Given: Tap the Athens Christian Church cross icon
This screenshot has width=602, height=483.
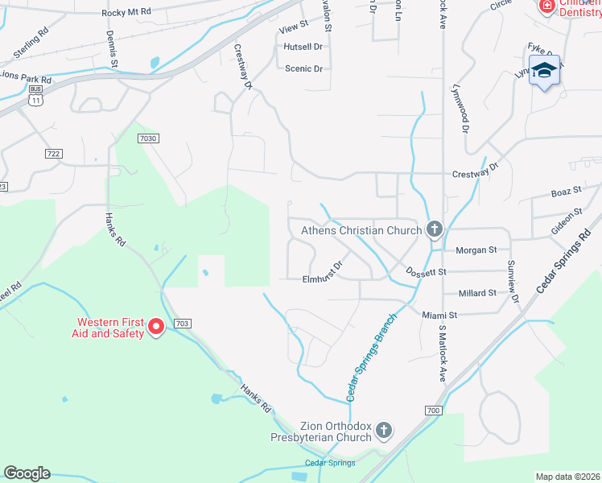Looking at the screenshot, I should pyautogui.click(x=434, y=230).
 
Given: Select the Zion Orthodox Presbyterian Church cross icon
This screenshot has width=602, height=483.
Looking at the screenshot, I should pyautogui.click(x=384, y=431).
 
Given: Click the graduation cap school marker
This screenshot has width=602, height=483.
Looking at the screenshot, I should pyautogui.click(x=545, y=72).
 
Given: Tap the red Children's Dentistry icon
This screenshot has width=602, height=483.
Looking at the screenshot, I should pyautogui.click(x=546, y=6).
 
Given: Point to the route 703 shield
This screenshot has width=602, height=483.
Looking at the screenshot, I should pyautogui.click(x=182, y=323).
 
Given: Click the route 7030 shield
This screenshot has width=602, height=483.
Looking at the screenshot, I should pyautogui.click(x=148, y=138).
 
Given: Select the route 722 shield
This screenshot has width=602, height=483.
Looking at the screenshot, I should pyautogui.click(x=54, y=153).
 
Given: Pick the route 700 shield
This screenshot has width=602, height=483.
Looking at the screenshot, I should pyautogui.click(x=433, y=411).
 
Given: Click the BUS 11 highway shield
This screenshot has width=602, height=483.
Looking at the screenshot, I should pyautogui.click(x=33, y=97).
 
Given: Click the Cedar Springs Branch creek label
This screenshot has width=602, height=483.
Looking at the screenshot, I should pyautogui.click(x=372, y=355).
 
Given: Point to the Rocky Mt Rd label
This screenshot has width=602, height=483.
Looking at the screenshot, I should pyautogui.click(x=128, y=13).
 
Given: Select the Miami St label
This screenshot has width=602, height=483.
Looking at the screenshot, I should pyautogui.click(x=439, y=316).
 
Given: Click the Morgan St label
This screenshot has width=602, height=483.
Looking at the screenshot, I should pyautogui.click(x=471, y=250).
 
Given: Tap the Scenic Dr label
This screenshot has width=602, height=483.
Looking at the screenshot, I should pyautogui.click(x=303, y=68).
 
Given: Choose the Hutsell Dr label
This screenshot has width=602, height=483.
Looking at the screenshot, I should pyautogui.click(x=303, y=47).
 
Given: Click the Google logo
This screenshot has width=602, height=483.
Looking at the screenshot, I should pyautogui.click(x=27, y=473).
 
